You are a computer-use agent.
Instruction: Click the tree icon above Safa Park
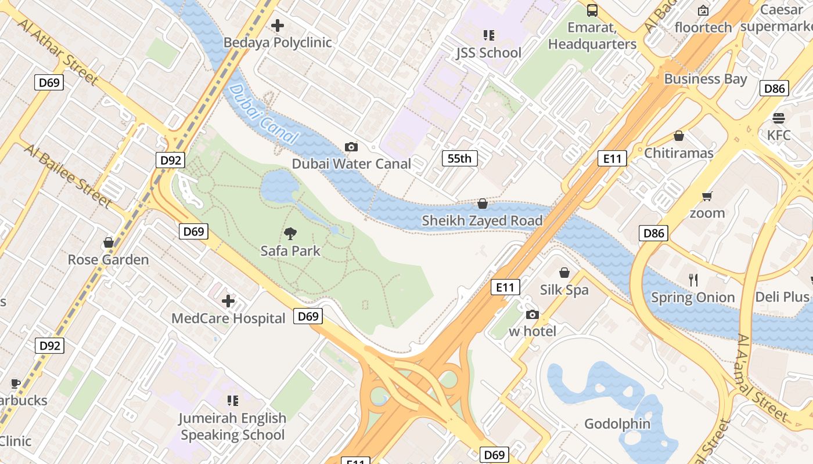(x=290, y=234)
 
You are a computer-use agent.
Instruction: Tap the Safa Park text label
(x=290, y=251)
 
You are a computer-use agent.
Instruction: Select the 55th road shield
(x=459, y=158)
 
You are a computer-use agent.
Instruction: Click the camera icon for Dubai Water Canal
(x=351, y=147)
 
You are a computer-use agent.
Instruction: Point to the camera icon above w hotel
(x=532, y=315)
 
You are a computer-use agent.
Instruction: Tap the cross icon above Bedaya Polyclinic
(x=278, y=26)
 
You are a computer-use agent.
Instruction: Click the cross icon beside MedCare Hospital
(x=228, y=301)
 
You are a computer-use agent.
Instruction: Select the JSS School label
(x=488, y=53)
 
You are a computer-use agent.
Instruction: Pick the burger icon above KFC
(x=779, y=118)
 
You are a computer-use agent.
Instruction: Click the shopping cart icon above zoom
(x=707, y=196)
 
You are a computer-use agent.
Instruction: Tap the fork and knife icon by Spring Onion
(x=693, y=280)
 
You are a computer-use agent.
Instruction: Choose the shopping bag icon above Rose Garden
(x=108, y=242)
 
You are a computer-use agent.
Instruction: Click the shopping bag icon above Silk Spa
(x=564, y=273)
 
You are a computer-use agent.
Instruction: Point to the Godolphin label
(x=617, y=424)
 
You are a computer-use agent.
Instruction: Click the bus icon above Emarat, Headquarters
(x=592, y=10)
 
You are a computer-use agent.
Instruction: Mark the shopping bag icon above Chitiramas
(x=678, y=136)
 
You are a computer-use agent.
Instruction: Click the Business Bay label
(x=706, y=79)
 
